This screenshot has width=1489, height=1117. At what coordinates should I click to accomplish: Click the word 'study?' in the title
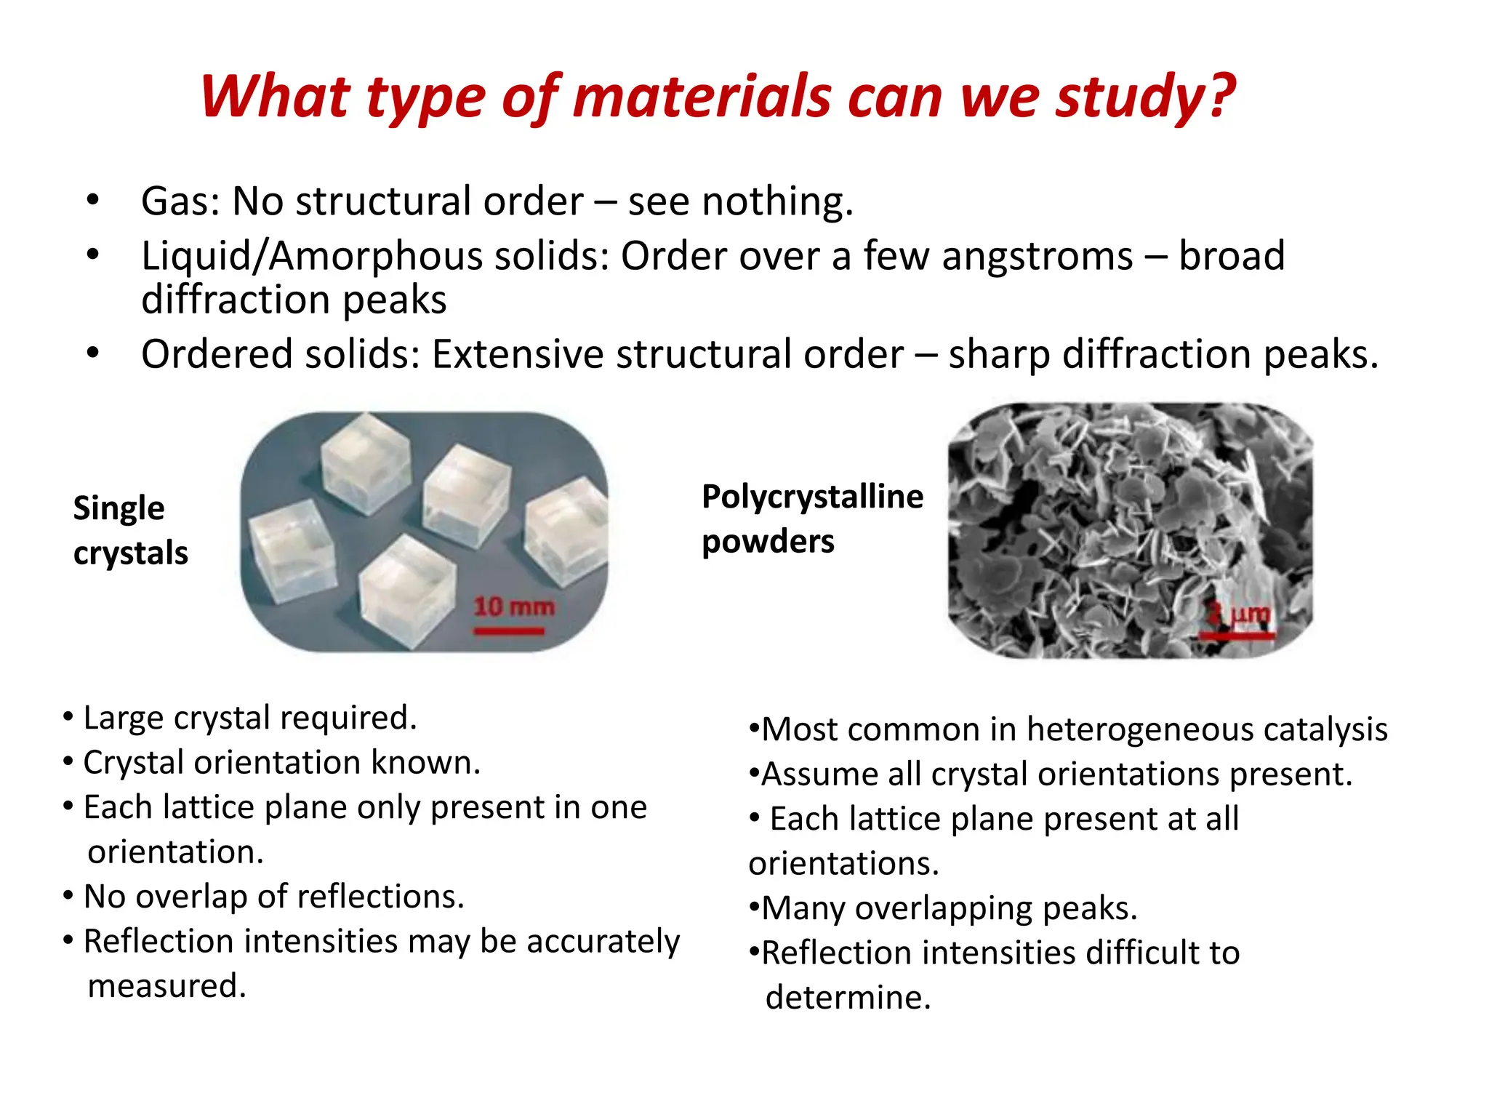coord(1145,97)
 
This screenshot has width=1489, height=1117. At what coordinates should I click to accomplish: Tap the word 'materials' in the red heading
coord(702,97)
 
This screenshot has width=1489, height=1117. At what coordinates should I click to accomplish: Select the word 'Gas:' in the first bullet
coord(180,201)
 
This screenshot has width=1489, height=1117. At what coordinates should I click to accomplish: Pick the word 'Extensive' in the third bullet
coord(517,355)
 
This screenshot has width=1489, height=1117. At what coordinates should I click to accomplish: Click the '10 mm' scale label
coord(514,606)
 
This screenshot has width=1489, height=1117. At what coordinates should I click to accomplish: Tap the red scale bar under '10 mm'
coord(509,631)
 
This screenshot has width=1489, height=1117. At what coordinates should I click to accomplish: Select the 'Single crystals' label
coord(130,530)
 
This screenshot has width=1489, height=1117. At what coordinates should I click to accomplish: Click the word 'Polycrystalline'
coord(812,497)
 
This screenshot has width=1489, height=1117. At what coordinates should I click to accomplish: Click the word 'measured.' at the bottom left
coord(166,986)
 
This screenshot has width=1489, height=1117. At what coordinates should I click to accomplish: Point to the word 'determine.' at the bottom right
coord(848,997)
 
